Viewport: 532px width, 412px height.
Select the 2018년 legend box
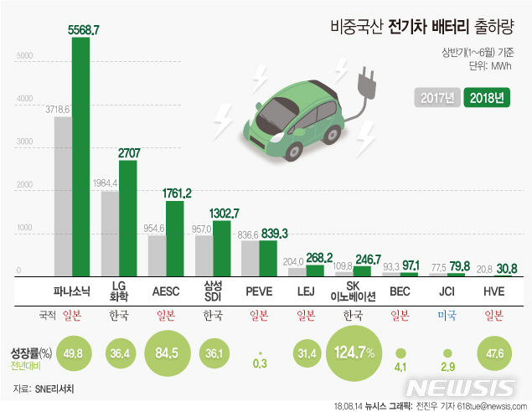point(486,96)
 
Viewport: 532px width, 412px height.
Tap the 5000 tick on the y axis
point(25,56)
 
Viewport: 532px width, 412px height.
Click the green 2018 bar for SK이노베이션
point(362,270)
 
